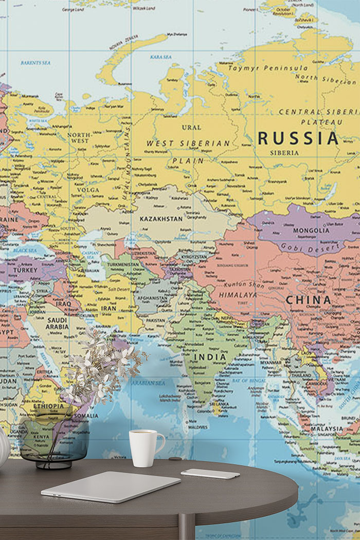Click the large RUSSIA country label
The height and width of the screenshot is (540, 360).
coord(298,138)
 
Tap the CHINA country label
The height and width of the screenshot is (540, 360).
coord(309,300)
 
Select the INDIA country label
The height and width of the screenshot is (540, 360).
coord(210,357)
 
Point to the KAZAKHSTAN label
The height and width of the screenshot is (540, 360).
coord(160,219)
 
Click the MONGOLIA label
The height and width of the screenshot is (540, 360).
coord(311,230)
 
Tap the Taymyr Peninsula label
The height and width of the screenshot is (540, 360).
coord(268,68)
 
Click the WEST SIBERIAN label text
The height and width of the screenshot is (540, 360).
coord(188,143)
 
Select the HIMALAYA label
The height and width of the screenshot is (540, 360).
coord(238,295)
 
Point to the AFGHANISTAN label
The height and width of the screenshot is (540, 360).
coord(152,298)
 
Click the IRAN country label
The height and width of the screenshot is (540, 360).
coord(108,309)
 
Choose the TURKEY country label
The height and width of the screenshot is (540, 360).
coord(26,270)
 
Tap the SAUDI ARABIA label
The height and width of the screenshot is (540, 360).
coord(57,323)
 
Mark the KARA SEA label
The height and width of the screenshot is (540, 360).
coord(161,57)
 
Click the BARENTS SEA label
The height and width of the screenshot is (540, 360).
coord(35,63)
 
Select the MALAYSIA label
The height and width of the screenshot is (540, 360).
coord(327,428)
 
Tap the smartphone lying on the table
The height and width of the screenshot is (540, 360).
coord(210,474)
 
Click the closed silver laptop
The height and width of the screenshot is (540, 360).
coord(111,486)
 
